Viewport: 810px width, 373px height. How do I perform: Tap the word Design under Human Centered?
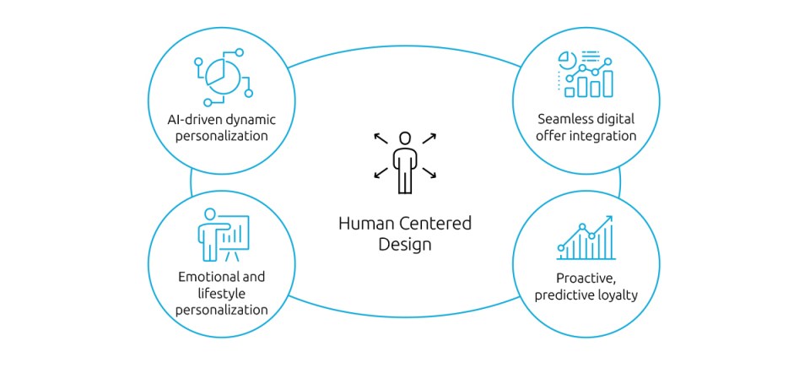[x=405, y=245]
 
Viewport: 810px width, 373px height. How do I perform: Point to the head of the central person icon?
[x=405, y=138]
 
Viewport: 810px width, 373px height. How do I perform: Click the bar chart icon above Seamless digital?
[x=588, y=74]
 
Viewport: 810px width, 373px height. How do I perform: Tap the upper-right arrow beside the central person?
[x=429, y=137]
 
